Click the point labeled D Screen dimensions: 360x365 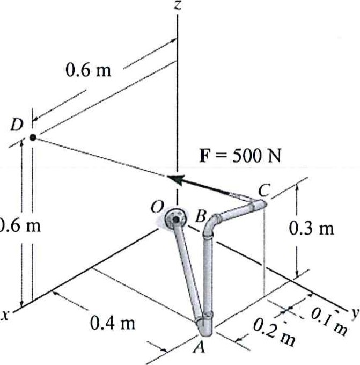tap(33, 137)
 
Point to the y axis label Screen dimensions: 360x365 tap(355, 311)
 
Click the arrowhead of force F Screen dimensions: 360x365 tap(173, 179)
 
